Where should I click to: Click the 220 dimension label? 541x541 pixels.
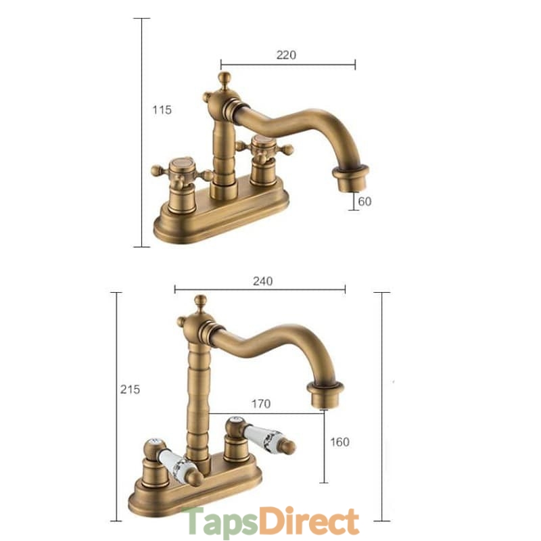pos(286,55)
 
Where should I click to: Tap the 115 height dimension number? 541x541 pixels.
pos(162,110)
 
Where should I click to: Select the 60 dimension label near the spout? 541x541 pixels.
pos(364,201)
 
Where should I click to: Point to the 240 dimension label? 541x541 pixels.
pos(262,281)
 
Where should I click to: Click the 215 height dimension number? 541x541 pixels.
pos(130,390)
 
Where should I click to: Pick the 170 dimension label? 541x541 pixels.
pos(261,404)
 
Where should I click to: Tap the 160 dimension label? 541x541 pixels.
pos(340,442)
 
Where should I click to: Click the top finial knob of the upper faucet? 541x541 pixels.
pos(225,78)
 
